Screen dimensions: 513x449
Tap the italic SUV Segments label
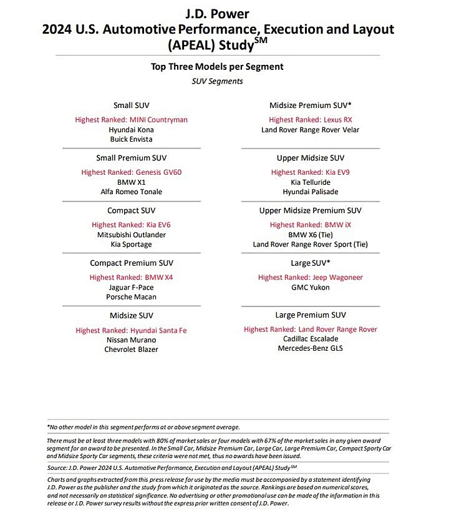217,81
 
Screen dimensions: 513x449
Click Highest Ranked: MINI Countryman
131,119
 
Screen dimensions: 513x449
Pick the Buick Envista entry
131,139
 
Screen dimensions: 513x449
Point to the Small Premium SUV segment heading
131,158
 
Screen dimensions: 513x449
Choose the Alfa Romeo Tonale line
131,192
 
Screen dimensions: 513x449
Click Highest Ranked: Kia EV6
131,224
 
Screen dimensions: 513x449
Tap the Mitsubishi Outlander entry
131,234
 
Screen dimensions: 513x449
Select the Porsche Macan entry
131,296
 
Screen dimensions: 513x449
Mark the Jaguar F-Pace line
131,286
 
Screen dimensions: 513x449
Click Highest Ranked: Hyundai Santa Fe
131,330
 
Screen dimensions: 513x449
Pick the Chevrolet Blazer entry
131,349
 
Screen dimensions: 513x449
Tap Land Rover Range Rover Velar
310,130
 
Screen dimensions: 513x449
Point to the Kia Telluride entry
310,182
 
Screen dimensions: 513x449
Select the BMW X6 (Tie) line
310,234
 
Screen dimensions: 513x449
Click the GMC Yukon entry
310,287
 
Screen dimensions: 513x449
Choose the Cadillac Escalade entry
310,339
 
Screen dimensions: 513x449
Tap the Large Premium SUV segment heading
310,315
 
